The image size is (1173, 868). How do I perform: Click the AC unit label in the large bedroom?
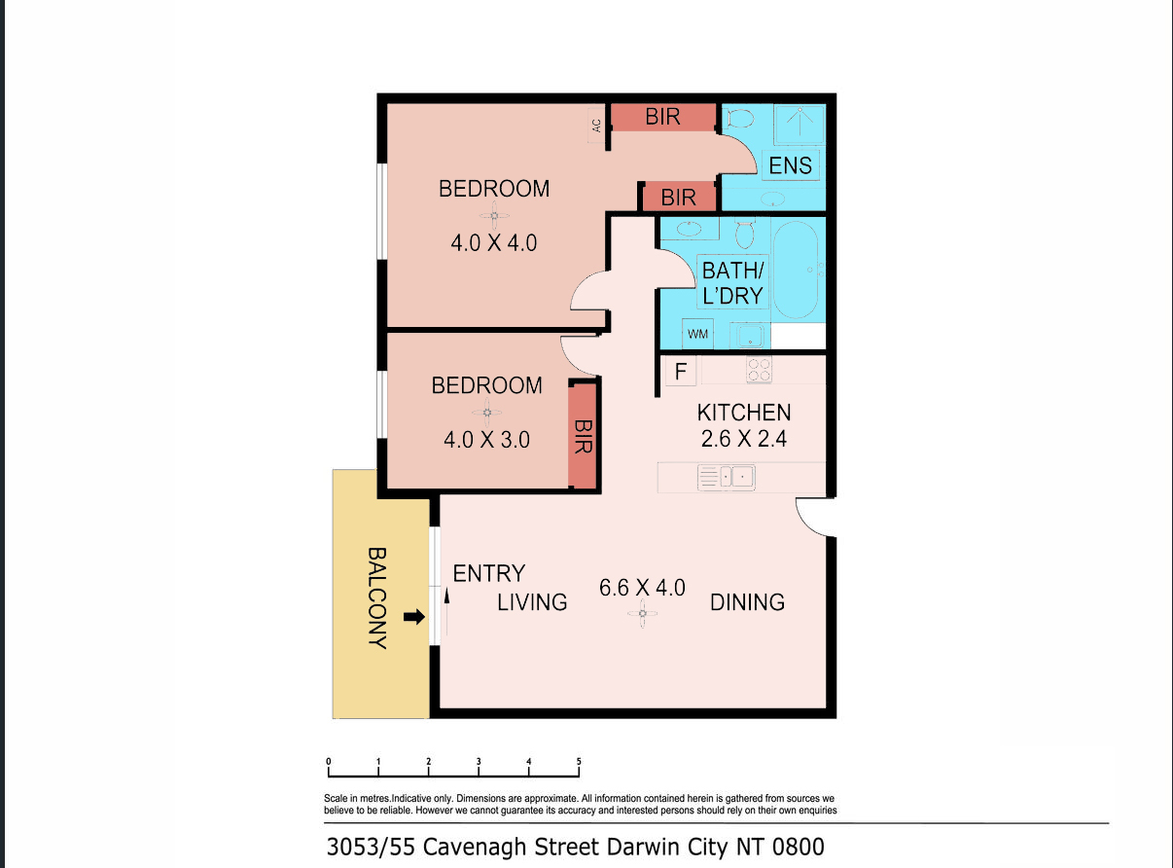[596, 126]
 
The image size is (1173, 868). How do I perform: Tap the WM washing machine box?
[697, 334]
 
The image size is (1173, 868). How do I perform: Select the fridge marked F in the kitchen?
[681, 371]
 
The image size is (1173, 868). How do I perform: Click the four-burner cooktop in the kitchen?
[759, 370]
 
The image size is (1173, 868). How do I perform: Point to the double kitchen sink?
[727, 478]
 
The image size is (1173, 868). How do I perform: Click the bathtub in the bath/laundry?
[796, 270]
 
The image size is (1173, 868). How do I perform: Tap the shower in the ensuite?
[800, 125]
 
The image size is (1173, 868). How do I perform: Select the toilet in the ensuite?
[738, 118]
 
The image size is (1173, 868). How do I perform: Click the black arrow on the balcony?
[414, 617]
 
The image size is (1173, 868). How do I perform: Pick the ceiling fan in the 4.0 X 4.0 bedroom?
[494, 216]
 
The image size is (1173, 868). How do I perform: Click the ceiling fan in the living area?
[643, 614]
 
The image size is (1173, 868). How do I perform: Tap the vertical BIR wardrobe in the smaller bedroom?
[583, 435]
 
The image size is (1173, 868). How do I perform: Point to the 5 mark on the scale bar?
[579, 762]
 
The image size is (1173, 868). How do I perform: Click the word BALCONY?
[377, 598]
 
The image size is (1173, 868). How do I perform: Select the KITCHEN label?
[743, 413]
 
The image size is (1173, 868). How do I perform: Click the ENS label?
[790, 165]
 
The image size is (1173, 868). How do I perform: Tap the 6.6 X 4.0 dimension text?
[642, 588]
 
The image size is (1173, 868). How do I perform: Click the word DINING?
[747, 602]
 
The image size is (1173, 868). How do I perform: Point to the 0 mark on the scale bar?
[329, 762]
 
